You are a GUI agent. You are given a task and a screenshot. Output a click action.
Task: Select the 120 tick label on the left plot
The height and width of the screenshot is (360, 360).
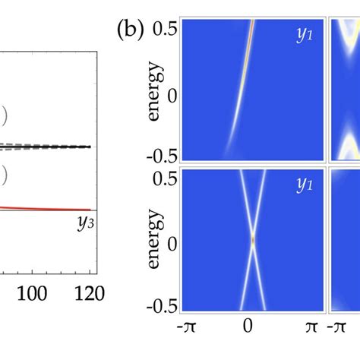(90, 292)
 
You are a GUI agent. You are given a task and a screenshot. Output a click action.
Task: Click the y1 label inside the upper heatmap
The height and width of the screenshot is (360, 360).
(305, 34)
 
